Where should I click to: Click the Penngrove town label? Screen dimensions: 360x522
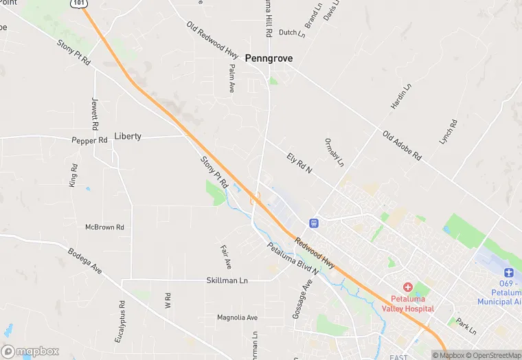[x=269, y=58]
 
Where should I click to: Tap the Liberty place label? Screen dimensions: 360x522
[x=128, y=136]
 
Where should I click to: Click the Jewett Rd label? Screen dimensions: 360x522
[x=95, y=114]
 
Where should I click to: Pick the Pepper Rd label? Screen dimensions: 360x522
[x=90, y=140]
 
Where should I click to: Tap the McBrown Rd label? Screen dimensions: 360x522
[x=104, y=227]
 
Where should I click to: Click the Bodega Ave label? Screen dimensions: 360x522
[x=84, y=261]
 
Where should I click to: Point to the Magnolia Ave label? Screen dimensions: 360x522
[x=237, y=317]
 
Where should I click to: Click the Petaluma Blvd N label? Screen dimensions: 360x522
[x=293, y=260]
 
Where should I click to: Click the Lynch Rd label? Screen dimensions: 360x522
[x=448, y=132]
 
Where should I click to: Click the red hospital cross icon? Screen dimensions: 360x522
[x=407, y=286]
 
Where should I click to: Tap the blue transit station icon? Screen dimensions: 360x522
[x=313, y=223]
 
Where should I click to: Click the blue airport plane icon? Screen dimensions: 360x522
[x=509, y=273]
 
